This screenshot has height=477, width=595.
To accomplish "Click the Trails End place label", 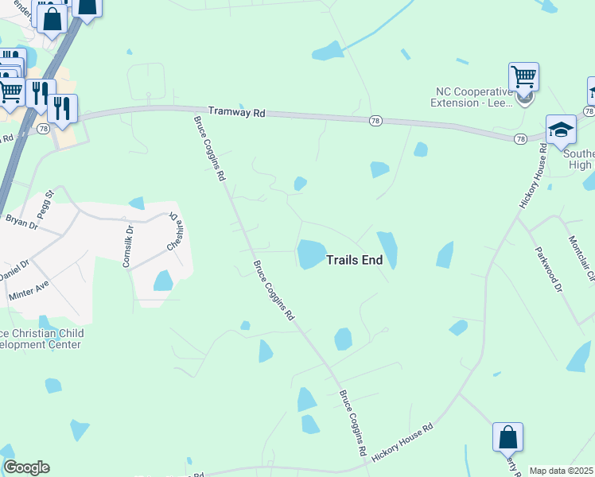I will (x=354, y=259).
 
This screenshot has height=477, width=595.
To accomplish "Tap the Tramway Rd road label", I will (x=236, y=113).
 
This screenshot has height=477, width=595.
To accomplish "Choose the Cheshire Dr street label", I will (x=174, y=232).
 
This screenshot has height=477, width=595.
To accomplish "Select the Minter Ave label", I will (x=28, y=289).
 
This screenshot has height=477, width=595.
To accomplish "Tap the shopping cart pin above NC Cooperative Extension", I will (x=523, y=77).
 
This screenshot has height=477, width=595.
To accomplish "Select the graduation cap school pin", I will (x=561, y=130).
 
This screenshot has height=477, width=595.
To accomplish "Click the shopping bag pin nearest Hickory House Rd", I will (x=507, y=437).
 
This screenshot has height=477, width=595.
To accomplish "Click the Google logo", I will (x=26, y=467).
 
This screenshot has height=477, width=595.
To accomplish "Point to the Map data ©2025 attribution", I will (x=562, y=471).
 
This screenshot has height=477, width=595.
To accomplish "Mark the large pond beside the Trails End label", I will (x=311, y=254).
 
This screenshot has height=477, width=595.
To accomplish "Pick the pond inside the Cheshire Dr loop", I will (x=163, y=281).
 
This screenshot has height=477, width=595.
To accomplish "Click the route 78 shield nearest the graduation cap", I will (x=520, y=138).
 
